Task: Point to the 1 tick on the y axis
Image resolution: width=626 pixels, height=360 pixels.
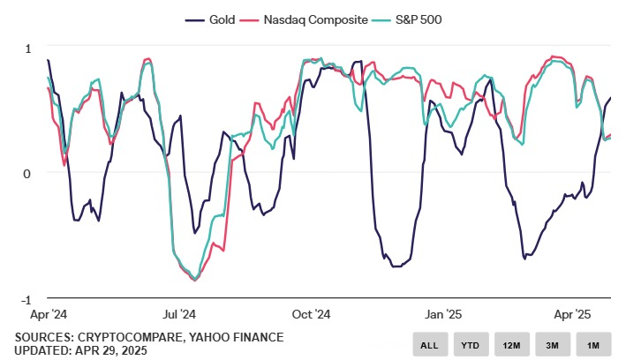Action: [x=26, y=48]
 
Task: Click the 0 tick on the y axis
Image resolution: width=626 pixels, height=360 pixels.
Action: [x=26, y=173]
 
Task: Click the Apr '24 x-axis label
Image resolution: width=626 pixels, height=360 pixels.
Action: [x=49, y=313]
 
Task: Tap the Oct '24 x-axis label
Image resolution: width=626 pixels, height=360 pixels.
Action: [x=311, y=313]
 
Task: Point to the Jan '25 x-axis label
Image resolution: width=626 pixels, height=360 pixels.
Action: [x=443, y=313]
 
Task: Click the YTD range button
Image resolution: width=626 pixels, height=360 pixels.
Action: [x=469, y=344]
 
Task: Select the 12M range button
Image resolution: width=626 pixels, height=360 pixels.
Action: [x=511, y=344]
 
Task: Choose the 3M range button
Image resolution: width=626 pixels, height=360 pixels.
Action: [x=553, y=344]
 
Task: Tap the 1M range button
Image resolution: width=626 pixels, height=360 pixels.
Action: [x=594, y=344]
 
